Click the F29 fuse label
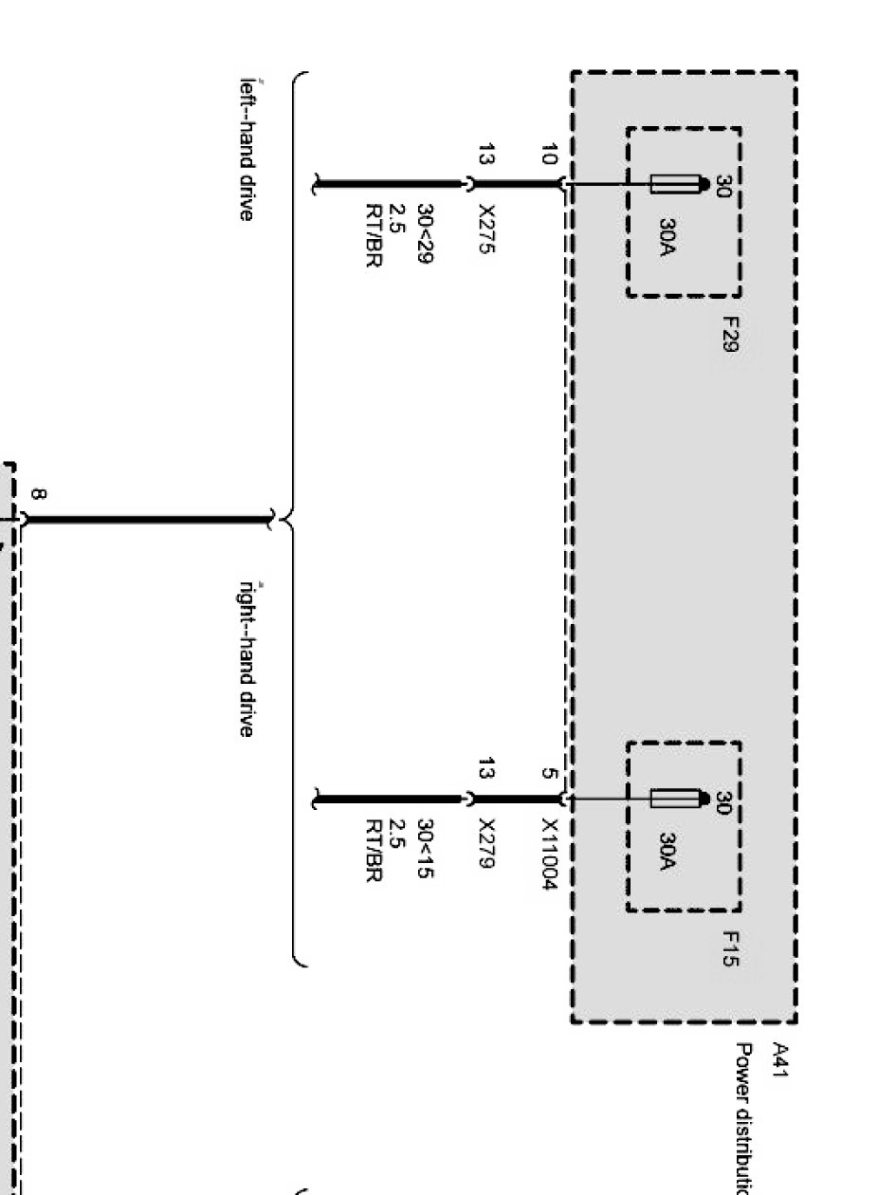(729, 334)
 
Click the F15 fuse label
(729, 948)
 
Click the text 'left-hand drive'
(247, 150)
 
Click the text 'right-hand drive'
(247, 658)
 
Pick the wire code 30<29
(426, 233)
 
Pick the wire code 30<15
(426, 847)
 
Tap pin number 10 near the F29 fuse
(548, 153)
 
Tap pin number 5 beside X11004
(548, 773)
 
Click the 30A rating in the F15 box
(667, 855)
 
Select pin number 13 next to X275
(485, 154)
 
